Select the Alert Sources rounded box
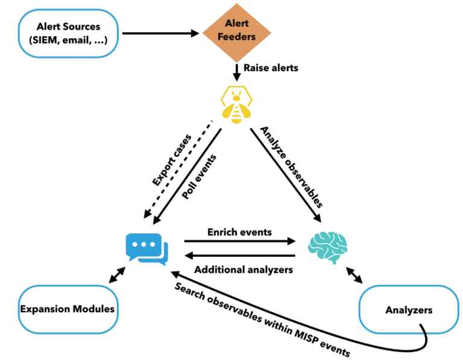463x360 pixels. click(68, 34)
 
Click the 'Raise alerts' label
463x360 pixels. click(271, 68)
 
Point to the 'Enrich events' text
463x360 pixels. click(239, 232)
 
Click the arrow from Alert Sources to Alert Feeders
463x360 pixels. click(160, 34)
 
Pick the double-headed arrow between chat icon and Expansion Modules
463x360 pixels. click(116, 276)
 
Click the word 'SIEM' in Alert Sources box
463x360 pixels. click(45, 41)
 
